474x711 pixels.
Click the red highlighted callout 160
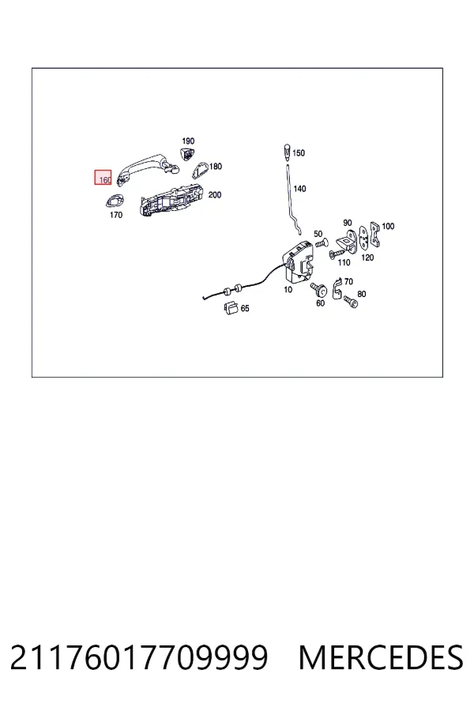[103, 177]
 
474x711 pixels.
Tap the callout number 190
[188, 141]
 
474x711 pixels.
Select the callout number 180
[216, 167]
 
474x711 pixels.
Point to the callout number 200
[215, 194]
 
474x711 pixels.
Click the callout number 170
[116, 215]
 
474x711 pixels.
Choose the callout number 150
[299, 152]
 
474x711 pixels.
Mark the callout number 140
[299, 188]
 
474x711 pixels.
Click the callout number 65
[245, 308]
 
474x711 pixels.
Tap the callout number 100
[388, 226]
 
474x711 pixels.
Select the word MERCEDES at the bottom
[381, 657]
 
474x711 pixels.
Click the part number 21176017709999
[139, 657]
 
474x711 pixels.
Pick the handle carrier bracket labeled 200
[171, 200]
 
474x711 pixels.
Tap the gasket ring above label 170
[115, 200]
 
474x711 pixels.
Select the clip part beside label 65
[231, 307]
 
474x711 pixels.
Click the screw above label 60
[319, 289]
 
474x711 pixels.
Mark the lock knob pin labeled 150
[287, 152]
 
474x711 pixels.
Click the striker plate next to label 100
[374, 235]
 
